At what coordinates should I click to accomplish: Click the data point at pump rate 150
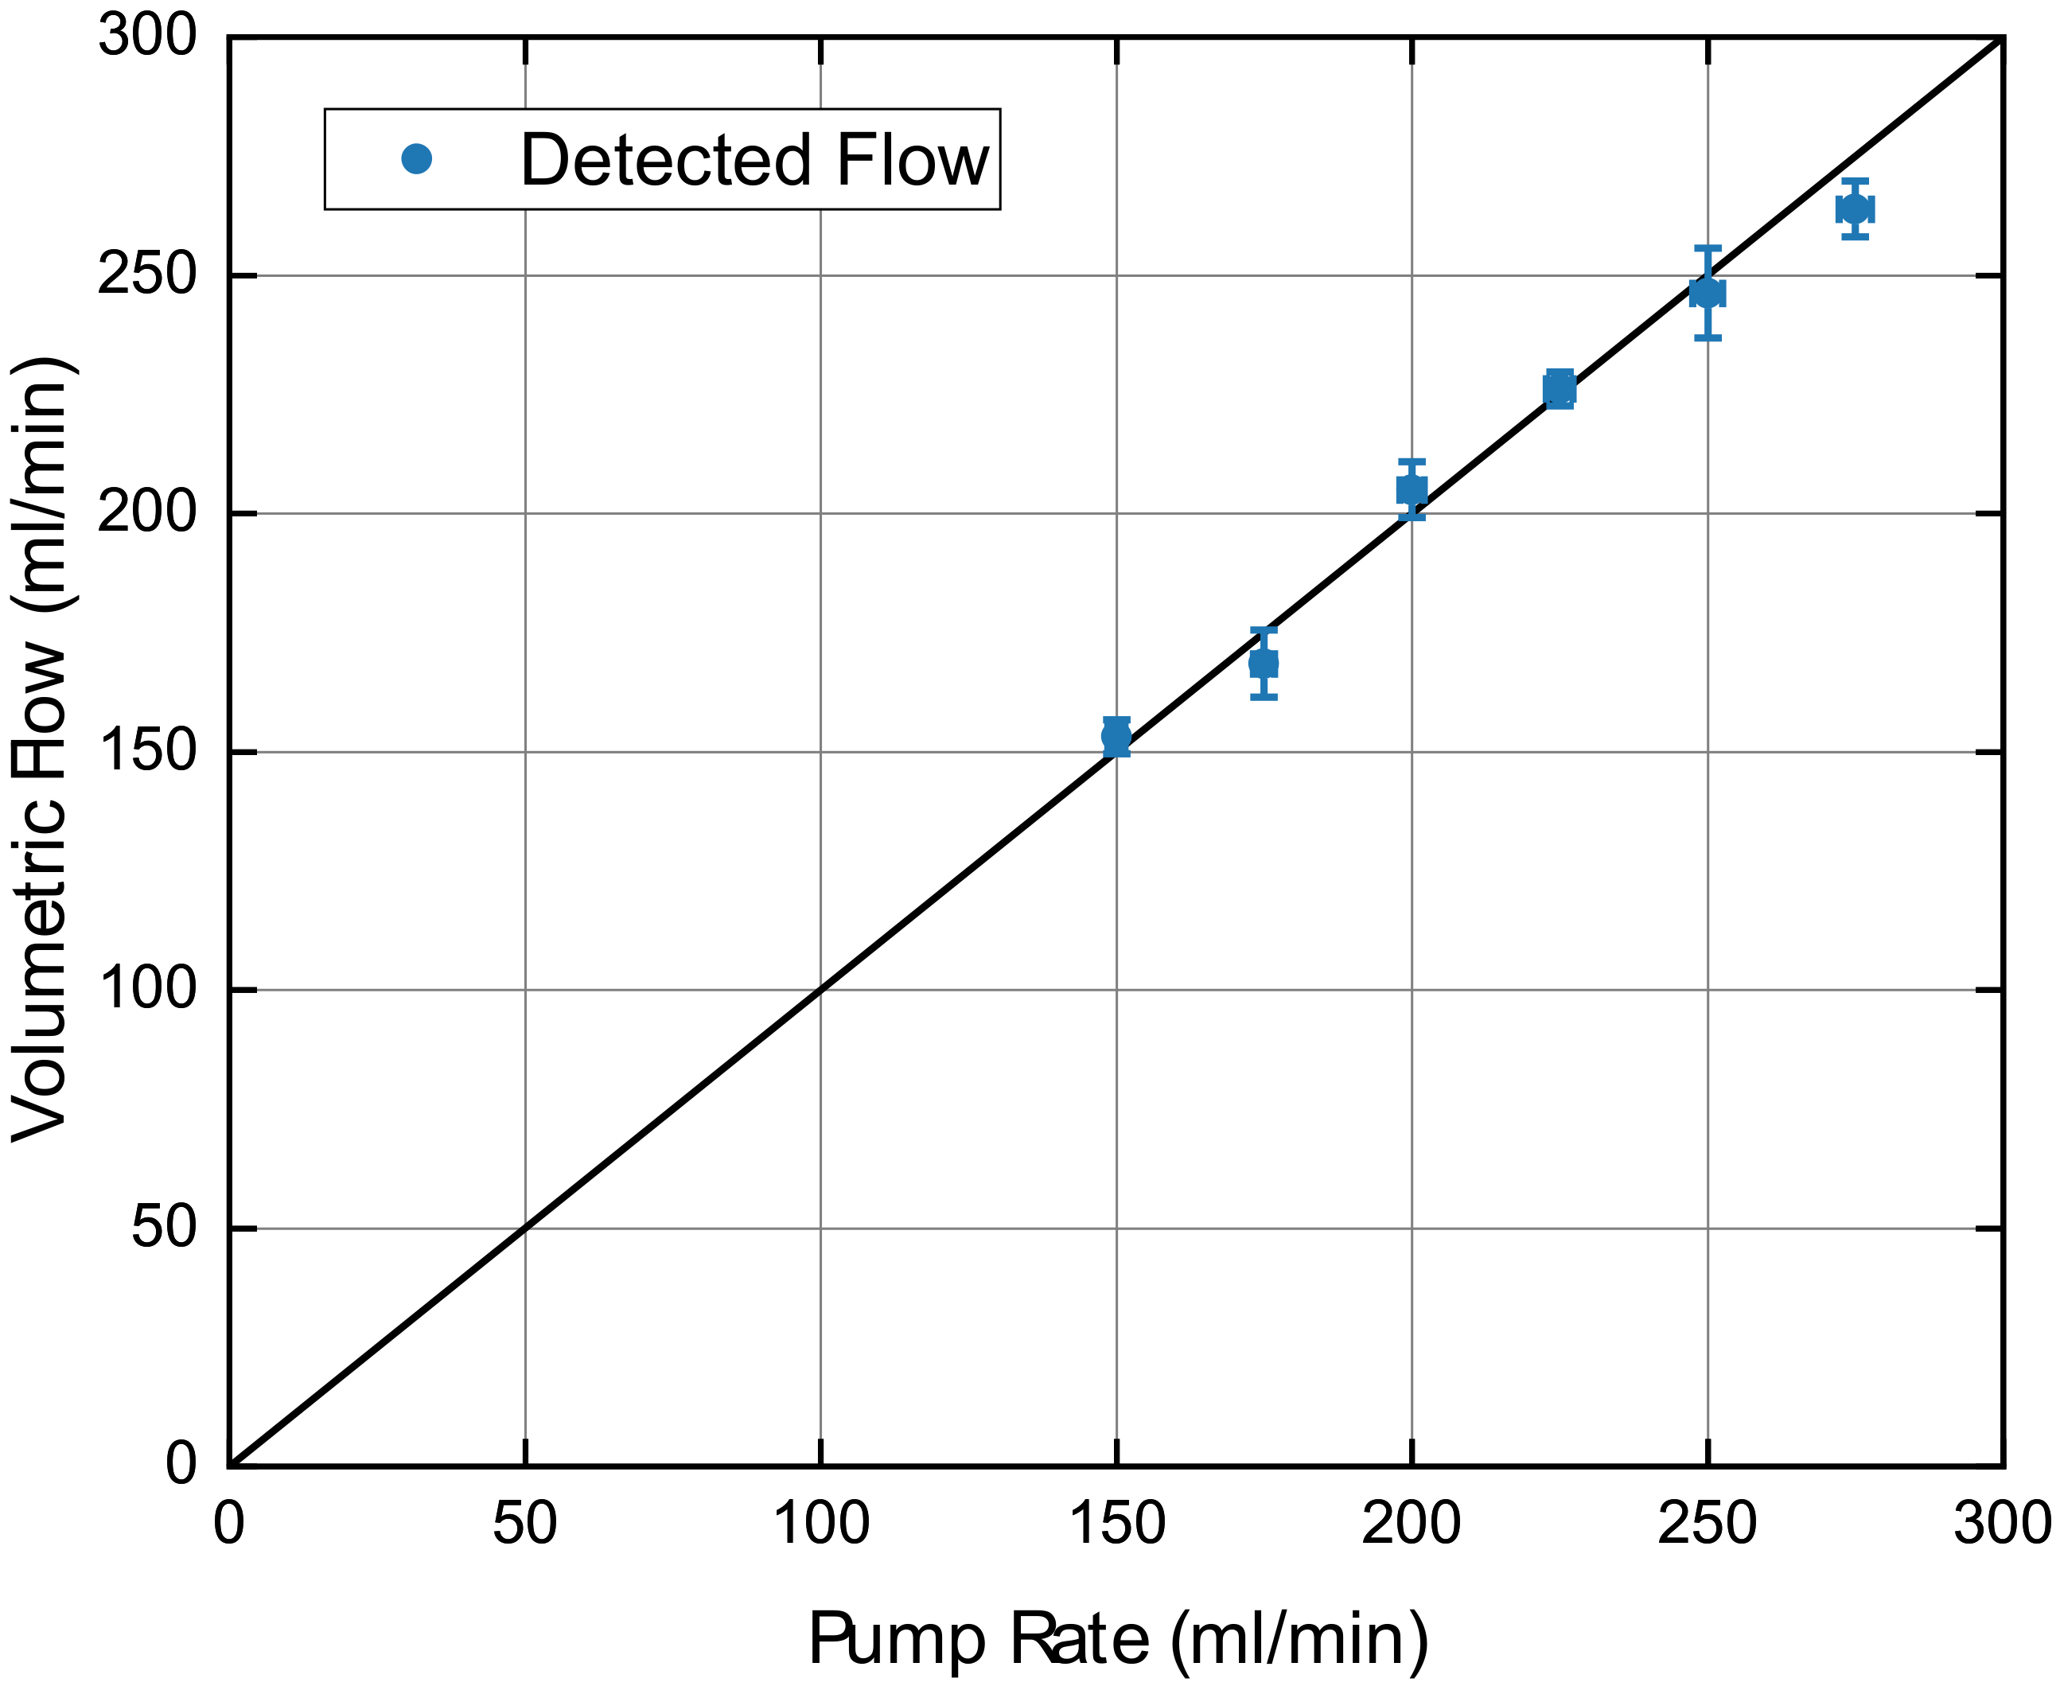[x=1116, y=736]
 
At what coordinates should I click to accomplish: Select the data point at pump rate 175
[x=1264, y=663]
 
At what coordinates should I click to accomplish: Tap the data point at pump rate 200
[x=1412, y=489]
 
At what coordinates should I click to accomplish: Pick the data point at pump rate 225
[x=1560, y=389]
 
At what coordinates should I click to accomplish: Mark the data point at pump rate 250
[x=1708, y=293]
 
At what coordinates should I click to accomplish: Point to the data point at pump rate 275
[x=1856, y=209]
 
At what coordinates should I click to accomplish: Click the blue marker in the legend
[x=417, y=158]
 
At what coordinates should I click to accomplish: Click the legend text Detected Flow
[x=754, y=160]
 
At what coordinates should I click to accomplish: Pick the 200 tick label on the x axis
[x=1412, y=1524]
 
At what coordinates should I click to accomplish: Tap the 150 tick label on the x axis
[x=1116, y=1524]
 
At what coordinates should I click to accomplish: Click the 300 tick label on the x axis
[x=2002, y=1524]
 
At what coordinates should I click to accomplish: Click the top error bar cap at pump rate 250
[x=1708, y=248]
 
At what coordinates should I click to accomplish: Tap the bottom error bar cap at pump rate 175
[x=1264, y=697]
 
